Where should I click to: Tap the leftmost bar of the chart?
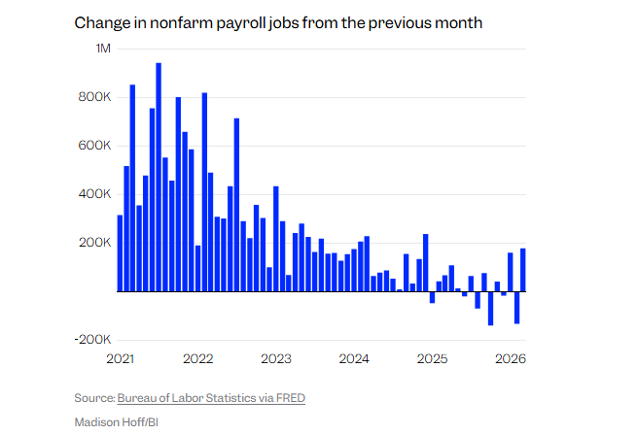coord(120,253)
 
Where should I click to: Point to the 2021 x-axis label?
coord(120,359)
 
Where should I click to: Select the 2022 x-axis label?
coord(198,359)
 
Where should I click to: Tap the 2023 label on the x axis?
coord(276,359)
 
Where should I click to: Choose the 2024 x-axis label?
coord(354,359)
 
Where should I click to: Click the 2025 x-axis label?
coord(433,359)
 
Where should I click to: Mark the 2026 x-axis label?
coord(511,359)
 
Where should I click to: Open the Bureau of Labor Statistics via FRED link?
coord(211,398)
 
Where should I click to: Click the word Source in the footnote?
coord(93,398)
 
